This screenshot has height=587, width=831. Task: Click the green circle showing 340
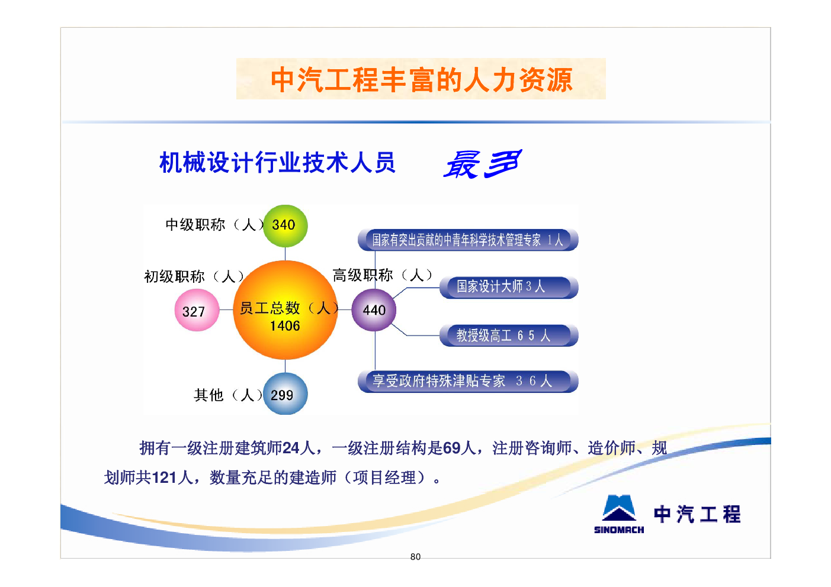pos(285,225)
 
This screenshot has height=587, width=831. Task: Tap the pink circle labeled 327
pos(197,310)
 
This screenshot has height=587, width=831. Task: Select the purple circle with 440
pos(374,310)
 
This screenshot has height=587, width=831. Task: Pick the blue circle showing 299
pos(285,394)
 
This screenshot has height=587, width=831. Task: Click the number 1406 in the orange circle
pos(284,325)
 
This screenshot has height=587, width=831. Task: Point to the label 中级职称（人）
pos(214,225)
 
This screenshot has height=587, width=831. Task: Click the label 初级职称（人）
pos(194,276)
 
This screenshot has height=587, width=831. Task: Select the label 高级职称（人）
pos(382,275)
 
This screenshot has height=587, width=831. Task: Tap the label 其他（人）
pos(228,395)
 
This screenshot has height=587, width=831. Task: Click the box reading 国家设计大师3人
pos(509,287)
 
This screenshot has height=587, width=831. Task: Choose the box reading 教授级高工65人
pos(509,336)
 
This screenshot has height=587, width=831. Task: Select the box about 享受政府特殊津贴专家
pos(468,381)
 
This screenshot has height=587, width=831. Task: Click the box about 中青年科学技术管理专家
pos(468,240)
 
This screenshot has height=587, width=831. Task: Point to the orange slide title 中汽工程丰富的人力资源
pos(422,80)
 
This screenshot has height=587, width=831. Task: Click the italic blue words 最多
pos(483,164)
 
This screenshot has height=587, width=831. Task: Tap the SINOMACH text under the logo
pos(619,530)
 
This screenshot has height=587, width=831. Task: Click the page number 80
pos(416,557)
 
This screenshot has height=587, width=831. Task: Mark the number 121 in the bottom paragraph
pos(164,478)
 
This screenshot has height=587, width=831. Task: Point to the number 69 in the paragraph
pos(451,448)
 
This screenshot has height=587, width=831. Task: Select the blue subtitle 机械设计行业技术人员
pos(277,162)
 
